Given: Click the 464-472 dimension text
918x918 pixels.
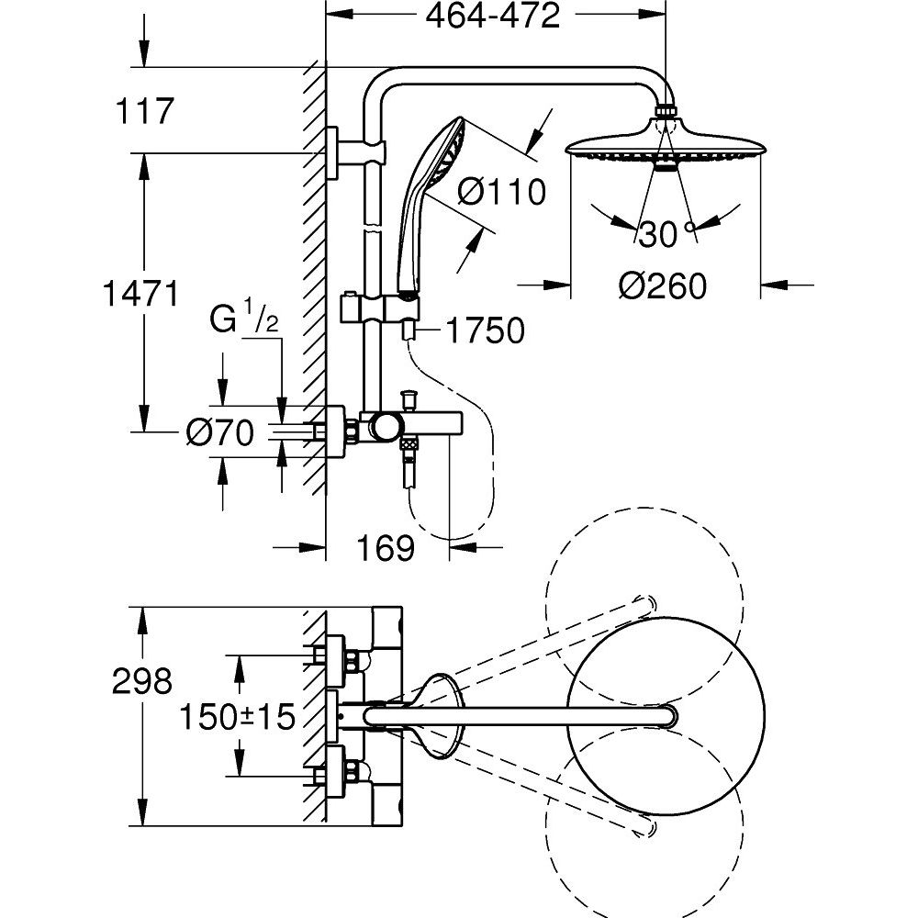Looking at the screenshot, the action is click(x=492, y=17).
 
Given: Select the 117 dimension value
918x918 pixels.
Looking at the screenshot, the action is click(x=145, y=111).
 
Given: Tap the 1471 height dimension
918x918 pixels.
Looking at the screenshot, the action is click(x=140, y=294).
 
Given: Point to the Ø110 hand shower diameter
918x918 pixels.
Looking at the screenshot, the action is click(x=501, y=192).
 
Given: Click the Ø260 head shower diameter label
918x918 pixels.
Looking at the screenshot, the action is click(x=663, y=286).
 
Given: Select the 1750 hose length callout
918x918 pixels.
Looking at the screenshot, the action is click(x=486, y=330).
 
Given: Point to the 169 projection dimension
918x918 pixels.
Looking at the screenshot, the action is click(x=386, y=548).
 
